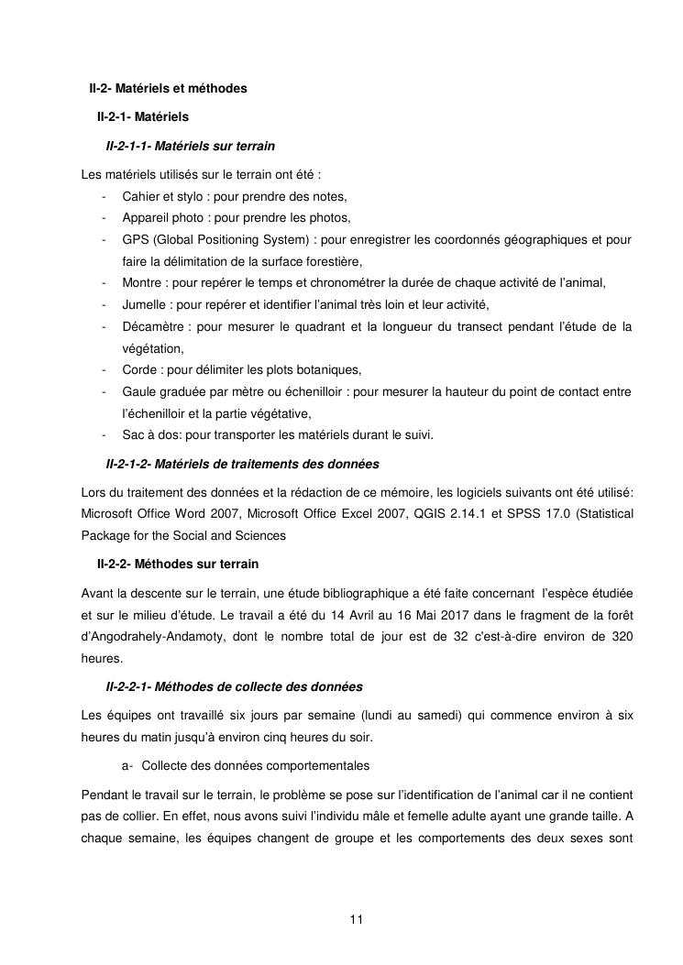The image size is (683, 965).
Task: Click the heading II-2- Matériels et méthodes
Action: tap(168, 89)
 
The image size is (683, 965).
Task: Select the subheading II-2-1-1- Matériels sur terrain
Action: tap(191, 146)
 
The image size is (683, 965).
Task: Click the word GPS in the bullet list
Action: tap(135, 240)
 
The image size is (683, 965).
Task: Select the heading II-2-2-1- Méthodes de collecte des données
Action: tap(235, 686)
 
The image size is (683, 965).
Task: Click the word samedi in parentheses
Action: tap(446, 715)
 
